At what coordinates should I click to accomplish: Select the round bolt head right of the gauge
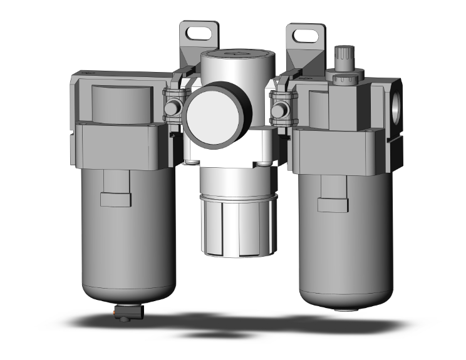point(277,110)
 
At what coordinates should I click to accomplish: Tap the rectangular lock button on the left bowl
point(115,200)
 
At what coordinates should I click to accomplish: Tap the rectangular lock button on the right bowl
point(333,205)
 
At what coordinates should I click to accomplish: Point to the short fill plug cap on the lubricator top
point(343,80)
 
